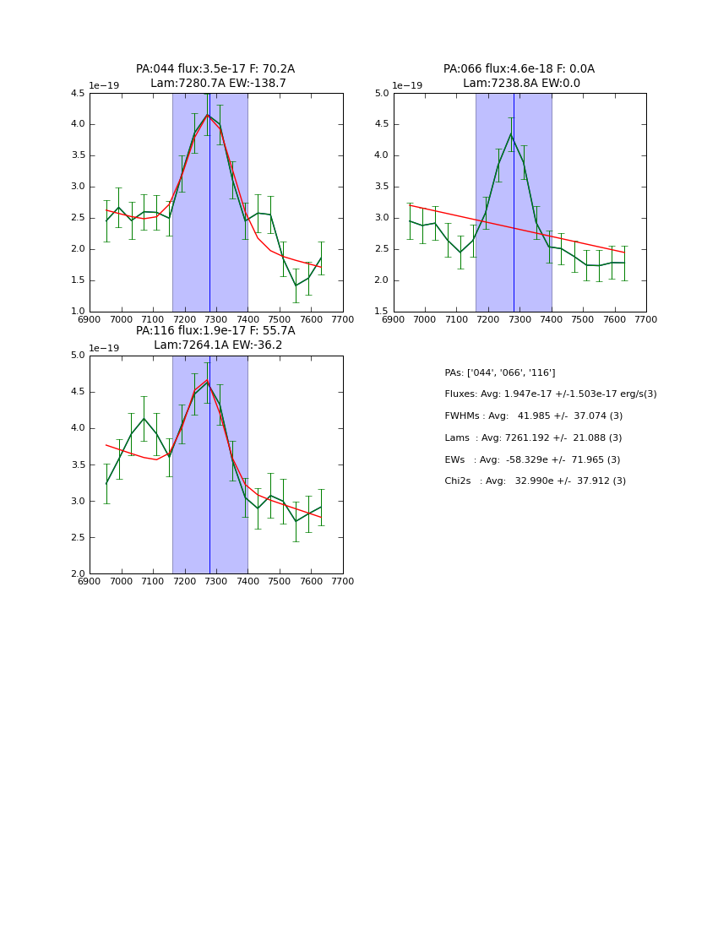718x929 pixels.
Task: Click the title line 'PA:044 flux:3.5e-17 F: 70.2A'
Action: (x=215, y=69)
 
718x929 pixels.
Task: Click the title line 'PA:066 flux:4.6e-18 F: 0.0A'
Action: (x=519, y=69)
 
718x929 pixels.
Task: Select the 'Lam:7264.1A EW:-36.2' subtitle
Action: (x=218, y=345)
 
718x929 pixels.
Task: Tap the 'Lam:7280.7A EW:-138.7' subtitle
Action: (x=218, y=84)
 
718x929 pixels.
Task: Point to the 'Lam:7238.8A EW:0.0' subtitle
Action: (x=521, y=84)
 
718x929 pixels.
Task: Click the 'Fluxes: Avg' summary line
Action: (x=550, y=394)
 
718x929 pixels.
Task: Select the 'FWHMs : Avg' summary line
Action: (x=533, y=416)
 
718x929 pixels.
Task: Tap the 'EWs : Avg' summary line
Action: (x=532, y=460)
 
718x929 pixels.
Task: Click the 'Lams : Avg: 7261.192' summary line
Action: (x=533, y=438)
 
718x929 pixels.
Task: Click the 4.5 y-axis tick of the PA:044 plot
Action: (x=77, y=94)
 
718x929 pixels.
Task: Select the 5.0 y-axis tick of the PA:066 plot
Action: (x=381, y=94)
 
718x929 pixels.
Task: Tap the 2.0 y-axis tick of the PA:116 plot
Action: (x=77, y=574)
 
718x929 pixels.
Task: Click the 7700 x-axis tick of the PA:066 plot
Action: (x=646, y=320)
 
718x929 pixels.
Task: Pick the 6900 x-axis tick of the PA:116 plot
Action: (x=90, y=582)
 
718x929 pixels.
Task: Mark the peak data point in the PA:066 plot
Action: (x=510, y=134)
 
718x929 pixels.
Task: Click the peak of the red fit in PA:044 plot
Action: (x=208, y=115)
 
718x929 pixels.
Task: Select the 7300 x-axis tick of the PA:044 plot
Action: (x=216, y=320)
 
